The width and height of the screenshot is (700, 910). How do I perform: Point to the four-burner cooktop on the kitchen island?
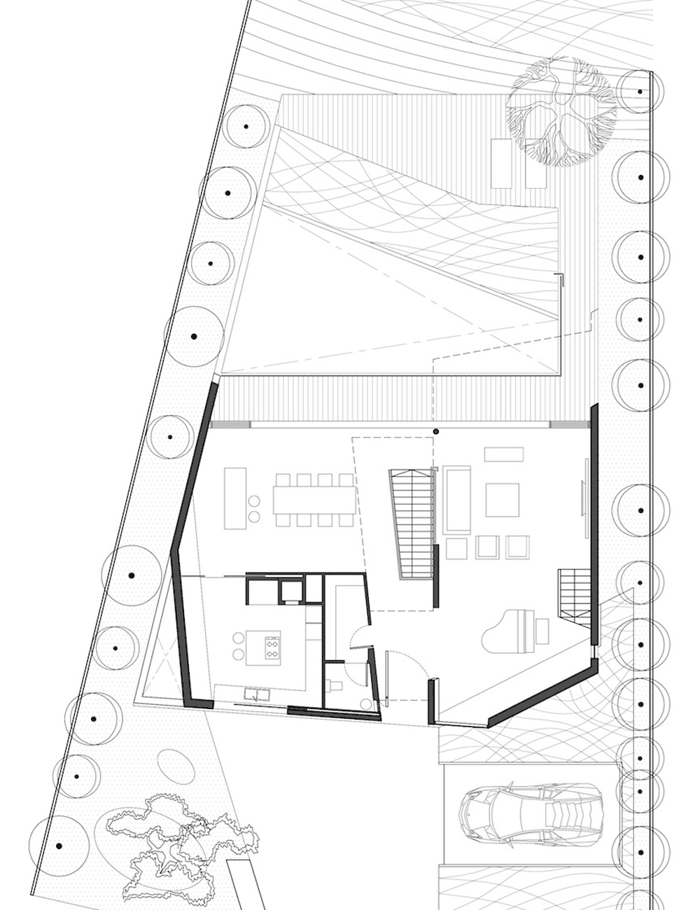[x=270, y=645]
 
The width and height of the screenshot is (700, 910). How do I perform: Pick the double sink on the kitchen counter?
[x=257, y=695]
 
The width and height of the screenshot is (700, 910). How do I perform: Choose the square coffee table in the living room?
[x=503, y=500]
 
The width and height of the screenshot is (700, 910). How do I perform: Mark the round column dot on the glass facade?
[x=435, y=432]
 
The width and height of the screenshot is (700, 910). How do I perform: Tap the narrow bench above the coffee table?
[x=503, y=454]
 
